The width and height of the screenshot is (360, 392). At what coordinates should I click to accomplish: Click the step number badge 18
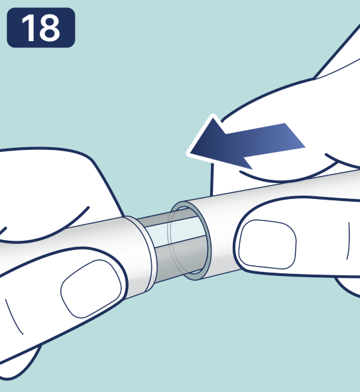(41, 27)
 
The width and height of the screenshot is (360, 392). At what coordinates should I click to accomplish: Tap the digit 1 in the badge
(29, 27)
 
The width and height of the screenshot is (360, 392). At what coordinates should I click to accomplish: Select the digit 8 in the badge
(50, 27)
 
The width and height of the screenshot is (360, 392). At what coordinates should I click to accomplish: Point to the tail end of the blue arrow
(295, 135)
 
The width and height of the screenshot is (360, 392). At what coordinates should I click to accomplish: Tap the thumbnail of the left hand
(91, 289)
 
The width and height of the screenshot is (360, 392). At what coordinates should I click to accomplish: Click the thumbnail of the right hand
(267, 244)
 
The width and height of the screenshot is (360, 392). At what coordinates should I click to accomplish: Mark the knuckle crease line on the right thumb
(348, 241)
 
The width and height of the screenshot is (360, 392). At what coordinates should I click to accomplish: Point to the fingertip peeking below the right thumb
(349, 287)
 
